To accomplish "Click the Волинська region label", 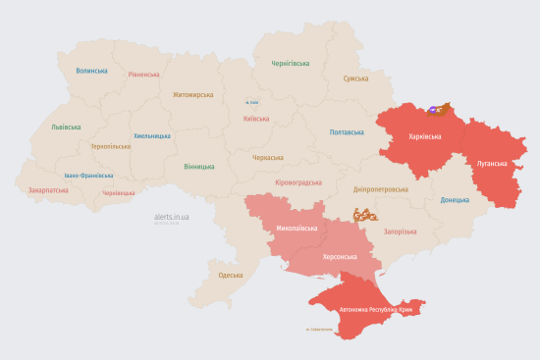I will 91,71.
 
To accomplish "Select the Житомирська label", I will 192,95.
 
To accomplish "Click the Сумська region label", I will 355,78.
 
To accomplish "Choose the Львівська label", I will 66,127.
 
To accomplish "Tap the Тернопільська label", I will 110,146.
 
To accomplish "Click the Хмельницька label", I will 152,136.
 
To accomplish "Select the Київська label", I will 255,119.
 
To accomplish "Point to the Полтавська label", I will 347,131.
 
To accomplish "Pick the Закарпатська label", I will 48,190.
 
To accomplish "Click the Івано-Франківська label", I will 88,176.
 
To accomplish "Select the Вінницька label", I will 199,166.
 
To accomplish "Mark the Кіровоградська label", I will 297,182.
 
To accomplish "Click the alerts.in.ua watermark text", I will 172,216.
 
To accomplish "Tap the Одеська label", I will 231,275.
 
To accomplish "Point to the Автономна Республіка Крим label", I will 377,310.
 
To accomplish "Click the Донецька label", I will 455,199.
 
